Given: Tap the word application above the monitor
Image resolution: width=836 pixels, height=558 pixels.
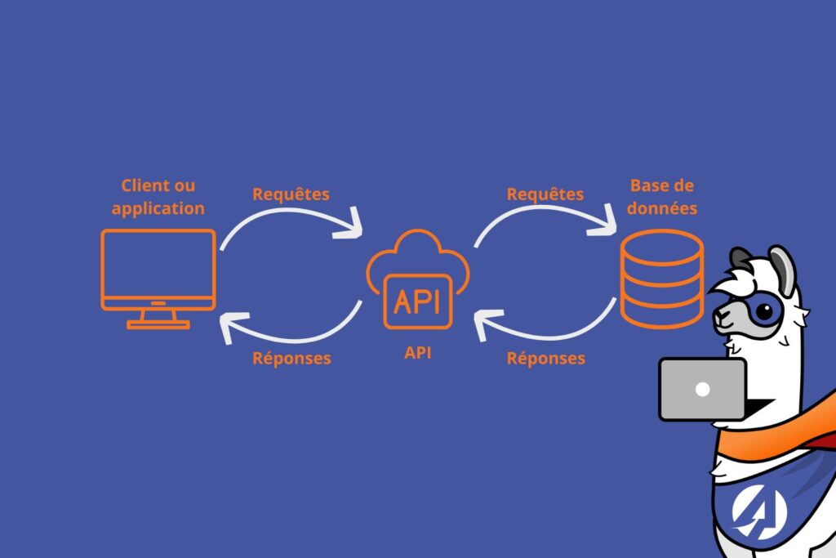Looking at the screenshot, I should pos(158,208).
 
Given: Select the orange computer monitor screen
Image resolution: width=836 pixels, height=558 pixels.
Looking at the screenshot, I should pos(158,269).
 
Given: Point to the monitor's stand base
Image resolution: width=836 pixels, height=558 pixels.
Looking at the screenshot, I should pos(158,324).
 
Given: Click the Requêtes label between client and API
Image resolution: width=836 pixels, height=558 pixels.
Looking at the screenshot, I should pos(291,194).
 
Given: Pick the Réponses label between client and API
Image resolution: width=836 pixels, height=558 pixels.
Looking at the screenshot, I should pos(291,358).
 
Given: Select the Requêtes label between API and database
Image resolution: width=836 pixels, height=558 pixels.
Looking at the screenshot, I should pos(545,194).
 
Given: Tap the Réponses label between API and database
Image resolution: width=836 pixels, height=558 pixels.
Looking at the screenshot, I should pos(545,358).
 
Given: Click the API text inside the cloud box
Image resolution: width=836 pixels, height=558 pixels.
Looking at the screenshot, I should pos(417,301).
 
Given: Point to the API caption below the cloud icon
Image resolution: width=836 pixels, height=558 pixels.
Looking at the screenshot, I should pos(418,353).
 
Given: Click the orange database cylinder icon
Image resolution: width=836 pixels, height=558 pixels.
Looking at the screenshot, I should pos(661,278).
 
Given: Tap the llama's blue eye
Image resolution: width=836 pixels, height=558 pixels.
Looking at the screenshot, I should pos(763,310).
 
